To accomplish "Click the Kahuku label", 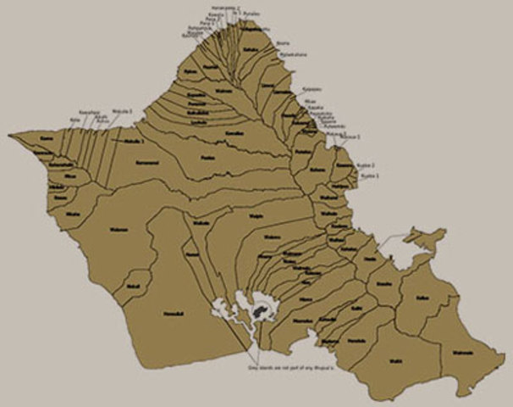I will [x=250, y=49].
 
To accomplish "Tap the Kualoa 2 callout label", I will [x=366, y=165].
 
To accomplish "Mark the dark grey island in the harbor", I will [x=257, y=313].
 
